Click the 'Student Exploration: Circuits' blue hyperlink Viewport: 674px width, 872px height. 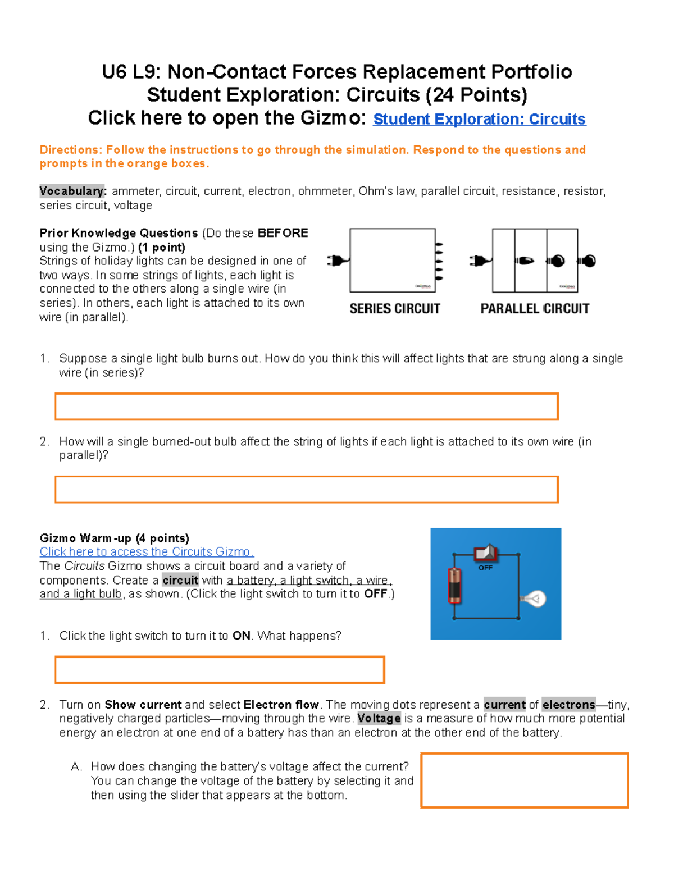(x=479, y=120)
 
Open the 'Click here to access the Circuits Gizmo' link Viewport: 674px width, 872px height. (x=147, y=552)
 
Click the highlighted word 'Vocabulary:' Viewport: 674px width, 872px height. (x=72, y=191)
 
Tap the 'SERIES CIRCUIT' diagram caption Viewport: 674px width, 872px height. (x=395, y=309)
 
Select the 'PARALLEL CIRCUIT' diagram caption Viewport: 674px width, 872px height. (x=535, y=309)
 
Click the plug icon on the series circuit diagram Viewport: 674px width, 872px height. (x=337, y=261)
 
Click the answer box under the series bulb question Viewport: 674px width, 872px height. (x=306, y=407)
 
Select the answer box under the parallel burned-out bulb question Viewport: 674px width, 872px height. (x=306, y=490)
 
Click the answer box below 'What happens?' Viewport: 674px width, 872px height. (x=220, y=670)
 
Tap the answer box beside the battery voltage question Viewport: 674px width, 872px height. (x=524, y=780)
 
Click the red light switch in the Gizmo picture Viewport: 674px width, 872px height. (x=485, y=554)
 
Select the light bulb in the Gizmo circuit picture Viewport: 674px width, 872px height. (x=534, y=599)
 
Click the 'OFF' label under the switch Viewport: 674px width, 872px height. (x=485, y=568)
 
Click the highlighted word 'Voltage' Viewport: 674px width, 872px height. (x=379, y=719)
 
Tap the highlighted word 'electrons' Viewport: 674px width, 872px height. (x=568, y=705)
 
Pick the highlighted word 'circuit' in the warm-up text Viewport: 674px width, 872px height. (x=180, y=580)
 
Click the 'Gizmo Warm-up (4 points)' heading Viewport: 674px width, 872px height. (x=114, y=538)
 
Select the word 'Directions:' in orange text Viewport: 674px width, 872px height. (x=71, y=150)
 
